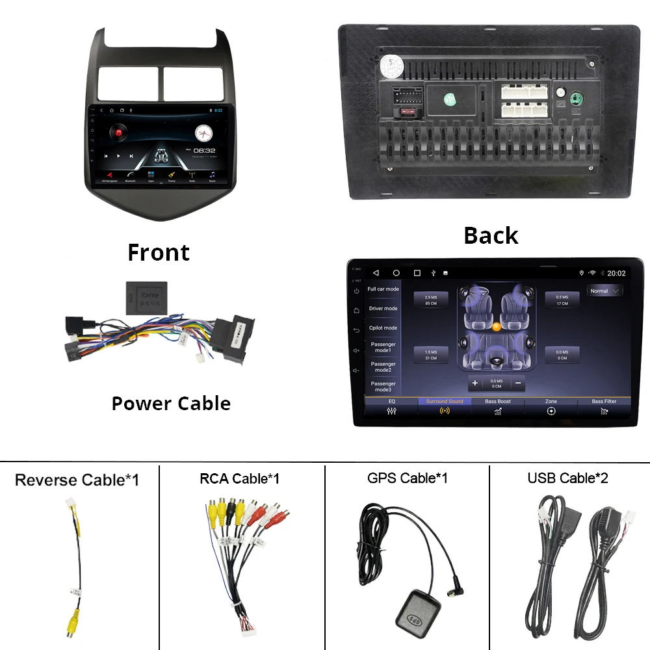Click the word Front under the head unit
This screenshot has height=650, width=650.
click(x=159, y=252)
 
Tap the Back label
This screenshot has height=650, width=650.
click(x=491, y=235)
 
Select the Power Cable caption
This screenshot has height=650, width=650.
click(x=171, y=403)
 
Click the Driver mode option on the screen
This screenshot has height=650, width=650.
click(x=383, y=309)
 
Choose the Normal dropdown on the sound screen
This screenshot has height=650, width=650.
click(x=604, y=291)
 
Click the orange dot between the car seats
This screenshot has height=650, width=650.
click(x=497, y=326)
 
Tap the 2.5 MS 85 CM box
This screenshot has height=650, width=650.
click(x=431, y=300)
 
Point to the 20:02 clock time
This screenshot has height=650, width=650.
click(x=616, y=274)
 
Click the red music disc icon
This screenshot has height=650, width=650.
click(x=120, y=133)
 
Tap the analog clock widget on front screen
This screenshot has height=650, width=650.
click(x=204, y=133)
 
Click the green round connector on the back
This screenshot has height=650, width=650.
click(x=575, y=99)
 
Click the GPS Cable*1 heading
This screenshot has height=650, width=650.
click(x=407, y=478)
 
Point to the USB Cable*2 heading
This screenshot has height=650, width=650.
click(x=567, y=478)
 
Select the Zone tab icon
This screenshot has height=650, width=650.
click(x=551, y=411)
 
